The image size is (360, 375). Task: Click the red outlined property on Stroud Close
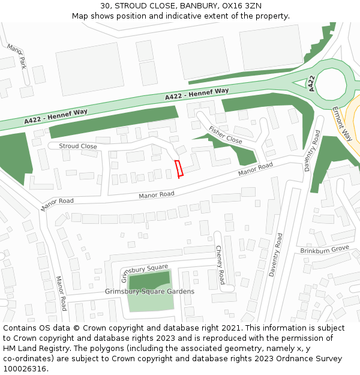(179, 169)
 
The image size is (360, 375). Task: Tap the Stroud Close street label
(77, 146)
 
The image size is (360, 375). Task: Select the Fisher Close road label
(225, 135)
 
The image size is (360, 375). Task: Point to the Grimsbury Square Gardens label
(149, 292)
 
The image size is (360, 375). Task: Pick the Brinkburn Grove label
(324, 248)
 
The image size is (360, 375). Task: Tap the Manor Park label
(17, 55)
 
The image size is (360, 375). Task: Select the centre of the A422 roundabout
(331, 84)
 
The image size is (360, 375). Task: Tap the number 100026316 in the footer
(24, 368)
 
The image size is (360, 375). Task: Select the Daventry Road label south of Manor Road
(275, 254)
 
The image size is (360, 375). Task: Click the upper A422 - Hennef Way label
(197, 94)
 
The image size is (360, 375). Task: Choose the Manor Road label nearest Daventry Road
(255, 169)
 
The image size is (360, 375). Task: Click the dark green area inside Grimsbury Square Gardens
(149, 280)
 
